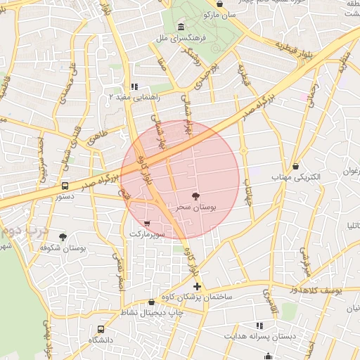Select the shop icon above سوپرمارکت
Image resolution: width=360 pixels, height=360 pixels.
click(146, 222)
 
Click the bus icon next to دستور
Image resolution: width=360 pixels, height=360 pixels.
click(65, 186)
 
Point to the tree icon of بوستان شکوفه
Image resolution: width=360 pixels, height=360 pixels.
click(63, 237)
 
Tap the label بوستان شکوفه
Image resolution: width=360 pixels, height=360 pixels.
click(63, 248)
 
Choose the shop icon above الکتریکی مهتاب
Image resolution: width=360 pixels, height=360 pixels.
click(296, 167)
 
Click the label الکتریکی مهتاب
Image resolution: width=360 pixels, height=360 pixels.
click(296, 178)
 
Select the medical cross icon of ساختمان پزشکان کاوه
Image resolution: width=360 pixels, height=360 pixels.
click(198, 286)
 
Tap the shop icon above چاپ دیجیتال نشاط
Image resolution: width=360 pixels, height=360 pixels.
click(151, 302)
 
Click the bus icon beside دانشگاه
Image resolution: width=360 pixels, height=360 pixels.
click(101, 328)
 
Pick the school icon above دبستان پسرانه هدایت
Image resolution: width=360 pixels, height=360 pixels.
click(259, 326)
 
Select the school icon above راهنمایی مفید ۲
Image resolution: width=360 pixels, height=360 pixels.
click(134, 86)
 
